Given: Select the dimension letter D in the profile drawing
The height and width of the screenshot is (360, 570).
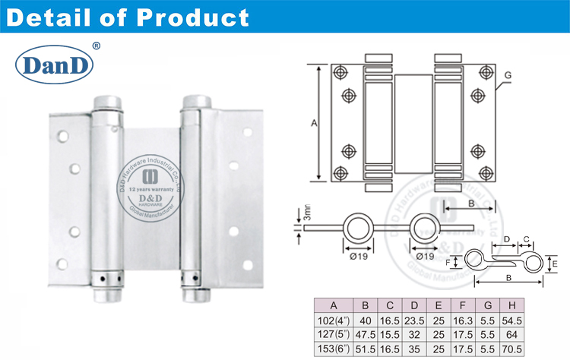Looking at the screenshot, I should (x=506, y=239).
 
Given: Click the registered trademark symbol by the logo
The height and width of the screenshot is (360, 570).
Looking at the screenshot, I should (x=95, y=46).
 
